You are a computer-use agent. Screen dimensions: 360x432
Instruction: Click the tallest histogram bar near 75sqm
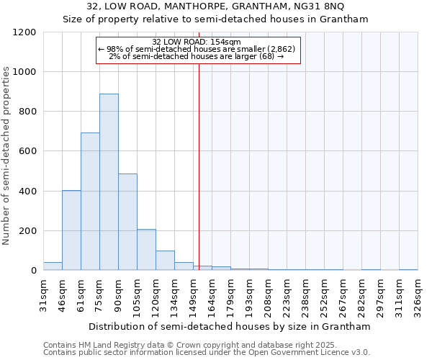(109, 182)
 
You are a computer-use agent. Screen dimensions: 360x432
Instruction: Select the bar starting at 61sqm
(90, 202)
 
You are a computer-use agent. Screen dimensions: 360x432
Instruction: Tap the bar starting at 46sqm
(71, 230)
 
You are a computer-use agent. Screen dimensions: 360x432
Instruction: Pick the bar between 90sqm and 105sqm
(127, 222)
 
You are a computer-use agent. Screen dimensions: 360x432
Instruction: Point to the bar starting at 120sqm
(165, 261)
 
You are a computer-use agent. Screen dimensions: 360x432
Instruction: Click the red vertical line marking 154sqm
(199, 166)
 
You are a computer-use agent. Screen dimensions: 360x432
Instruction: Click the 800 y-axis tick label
(27, 112)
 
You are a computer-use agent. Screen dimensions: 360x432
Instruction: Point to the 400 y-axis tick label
(27, 192)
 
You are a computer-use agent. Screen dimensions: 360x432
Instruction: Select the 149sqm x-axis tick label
(193, 293)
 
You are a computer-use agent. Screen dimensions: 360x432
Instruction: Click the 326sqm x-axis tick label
(418, 293)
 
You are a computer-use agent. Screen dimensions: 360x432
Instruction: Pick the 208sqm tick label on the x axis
(268, 293)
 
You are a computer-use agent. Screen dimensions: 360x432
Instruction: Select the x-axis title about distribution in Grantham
(230, 326)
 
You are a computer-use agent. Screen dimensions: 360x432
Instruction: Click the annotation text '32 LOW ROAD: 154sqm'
(197, 42)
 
